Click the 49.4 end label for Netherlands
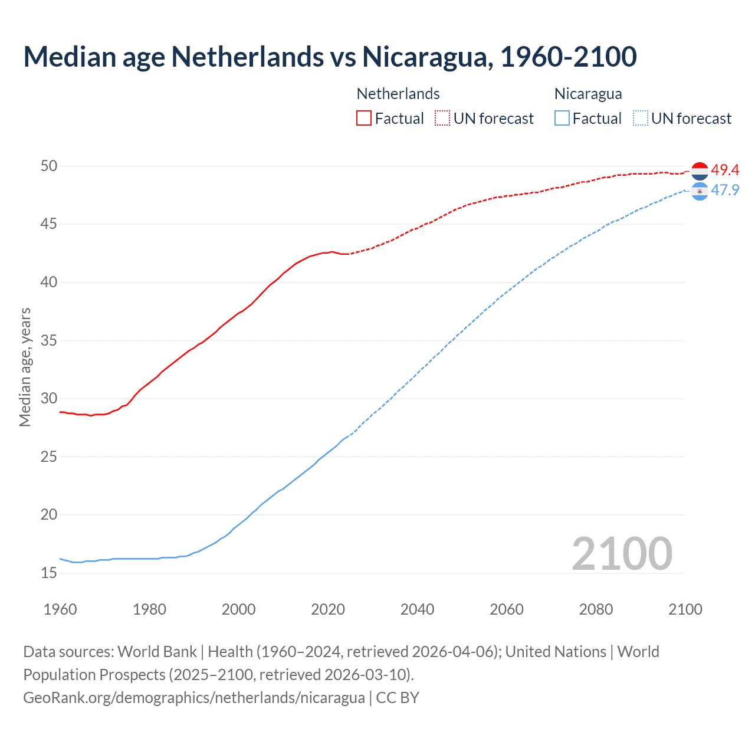pyautogui.click(x=725, y=170)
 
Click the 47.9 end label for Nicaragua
pyautogui.click(x=725, y=190)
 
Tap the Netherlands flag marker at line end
pyautogui.click(x=700, y=171)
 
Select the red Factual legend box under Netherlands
pyautogui.click(x=364, y=118)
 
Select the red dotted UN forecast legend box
pyautogui.click(x=442, y=118)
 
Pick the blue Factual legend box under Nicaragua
pyautogui.click(x=562, y=118)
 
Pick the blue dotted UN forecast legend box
pyautogui.click(x=640, y=118)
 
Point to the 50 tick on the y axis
pyautogui.click(x=49, y=166)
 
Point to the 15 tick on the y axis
pyautogui.click(x=49, y=573)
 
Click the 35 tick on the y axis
pyautogui.click(x=49, y=340)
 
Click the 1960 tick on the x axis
pyautogui.click(x=60, y=609)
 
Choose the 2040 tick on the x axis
pyautogui.click(x=417, y=609)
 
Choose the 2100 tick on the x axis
pyautogui.click(x=685, y=609)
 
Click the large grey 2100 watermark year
pyautogui.click(x=622, y=553)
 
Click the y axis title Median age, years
pyautogui.click(x=25, y=367)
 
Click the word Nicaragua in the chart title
pyautogui.click(x=428, y=57)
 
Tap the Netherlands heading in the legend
pyautogui.click(x=398, y=94)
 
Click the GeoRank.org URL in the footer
pyautogui.click(x=194, y=697)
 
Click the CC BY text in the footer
pyautogui.click(x=398, y=697)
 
